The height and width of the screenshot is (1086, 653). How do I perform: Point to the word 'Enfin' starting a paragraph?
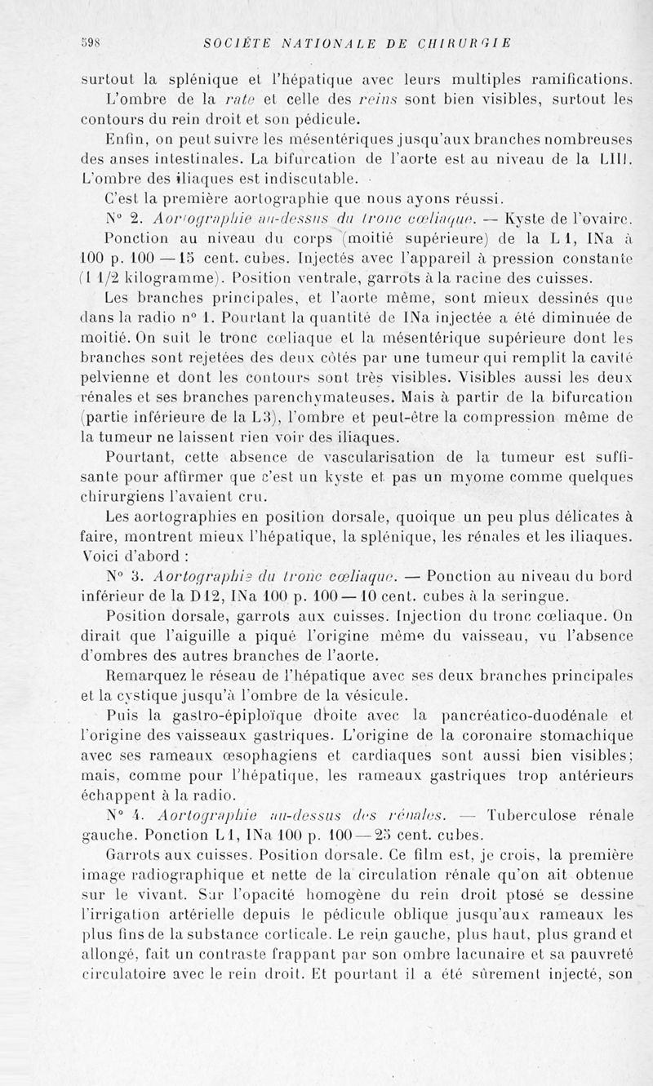tap(127, 139)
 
